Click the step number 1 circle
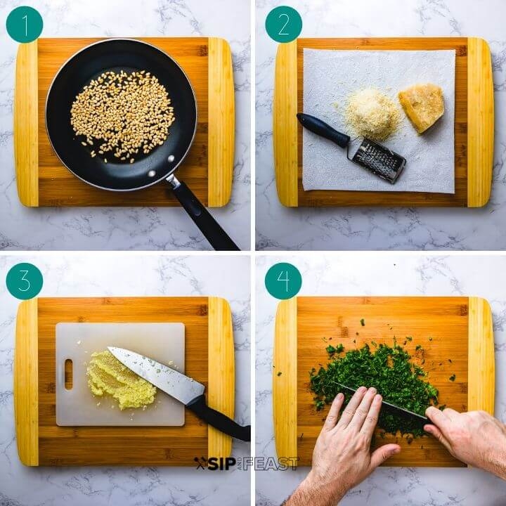point(25,25)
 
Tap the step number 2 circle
point(284,25)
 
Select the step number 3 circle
point(25,281)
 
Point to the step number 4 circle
point(283,281)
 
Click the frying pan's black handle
point(203,214)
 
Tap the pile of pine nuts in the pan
point(122,115)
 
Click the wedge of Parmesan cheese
point(422,108)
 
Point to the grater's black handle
point(323,129)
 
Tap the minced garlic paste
point(121,380)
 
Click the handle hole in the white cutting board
point(69,375)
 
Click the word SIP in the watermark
point(221,464)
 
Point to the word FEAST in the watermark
point(271,464)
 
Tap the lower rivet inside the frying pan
point(151,174)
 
